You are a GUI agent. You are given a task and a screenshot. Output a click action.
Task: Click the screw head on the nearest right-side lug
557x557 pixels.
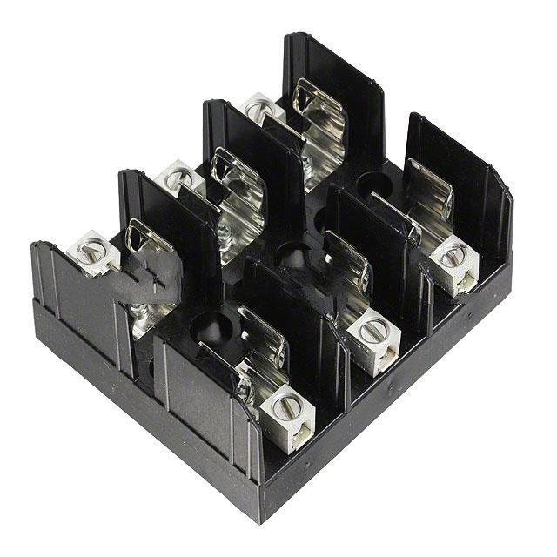click(x=284, y=404)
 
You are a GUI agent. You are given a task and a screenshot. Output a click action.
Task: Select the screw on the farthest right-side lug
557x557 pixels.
click(x=451, y=256)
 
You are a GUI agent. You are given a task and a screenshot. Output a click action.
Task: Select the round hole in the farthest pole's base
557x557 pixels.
click(x=375, y=185)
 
